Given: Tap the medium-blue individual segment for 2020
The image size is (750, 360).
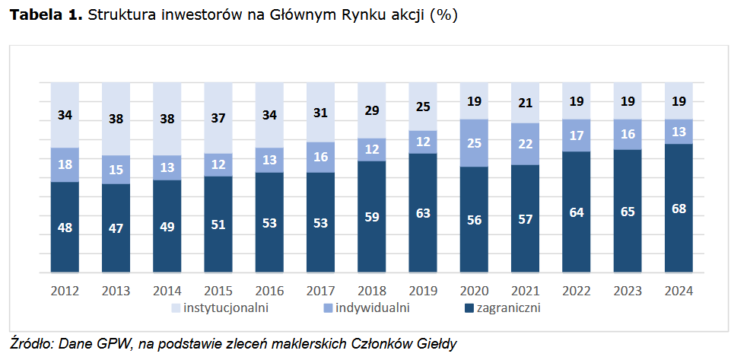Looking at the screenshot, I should coord(473,143).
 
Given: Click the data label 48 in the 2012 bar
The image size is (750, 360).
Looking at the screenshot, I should coord(65,227).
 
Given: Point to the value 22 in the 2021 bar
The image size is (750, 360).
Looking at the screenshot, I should coord(525,144).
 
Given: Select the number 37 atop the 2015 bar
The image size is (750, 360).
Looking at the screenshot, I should coord(218,117).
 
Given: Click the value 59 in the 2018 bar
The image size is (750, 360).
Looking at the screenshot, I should coord(371,216).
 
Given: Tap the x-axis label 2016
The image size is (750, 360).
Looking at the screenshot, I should coord(269,290).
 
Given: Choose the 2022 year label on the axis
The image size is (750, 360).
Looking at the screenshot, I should coord(576,290).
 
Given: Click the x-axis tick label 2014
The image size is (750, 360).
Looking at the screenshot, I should coord(167,290).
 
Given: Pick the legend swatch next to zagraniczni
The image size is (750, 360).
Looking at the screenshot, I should coord(469,308).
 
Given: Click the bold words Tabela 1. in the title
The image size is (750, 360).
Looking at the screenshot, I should coord(45,15).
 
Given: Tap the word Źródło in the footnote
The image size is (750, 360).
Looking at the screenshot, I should coord(27,343).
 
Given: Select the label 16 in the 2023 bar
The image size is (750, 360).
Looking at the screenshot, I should coord(628,134).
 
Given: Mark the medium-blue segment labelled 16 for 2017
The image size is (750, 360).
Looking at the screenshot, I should coord(320,157).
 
